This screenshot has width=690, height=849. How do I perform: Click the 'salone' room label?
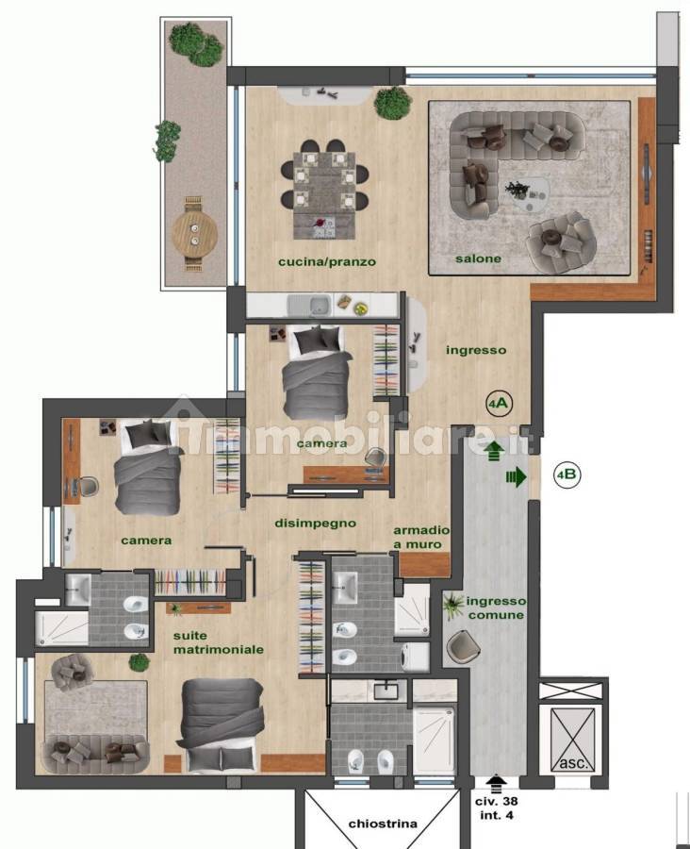478,258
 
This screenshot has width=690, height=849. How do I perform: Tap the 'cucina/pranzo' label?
327,262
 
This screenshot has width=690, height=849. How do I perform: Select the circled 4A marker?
499,403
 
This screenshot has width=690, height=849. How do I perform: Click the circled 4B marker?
567,474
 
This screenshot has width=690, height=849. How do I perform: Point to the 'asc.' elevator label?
572,763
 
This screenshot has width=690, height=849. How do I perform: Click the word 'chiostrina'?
383,824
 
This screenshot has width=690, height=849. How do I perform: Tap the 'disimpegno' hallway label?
316,523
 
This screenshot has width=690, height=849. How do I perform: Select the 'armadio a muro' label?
421,537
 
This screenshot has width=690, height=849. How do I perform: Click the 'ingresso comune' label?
495,608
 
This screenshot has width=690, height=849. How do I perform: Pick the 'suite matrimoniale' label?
219,642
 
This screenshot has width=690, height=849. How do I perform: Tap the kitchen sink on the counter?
309,306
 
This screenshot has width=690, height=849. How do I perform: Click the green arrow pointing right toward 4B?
517,477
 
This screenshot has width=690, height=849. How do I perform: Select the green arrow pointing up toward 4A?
494,451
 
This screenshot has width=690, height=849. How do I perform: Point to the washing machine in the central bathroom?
415,657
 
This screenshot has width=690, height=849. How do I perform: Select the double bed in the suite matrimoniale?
222,725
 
